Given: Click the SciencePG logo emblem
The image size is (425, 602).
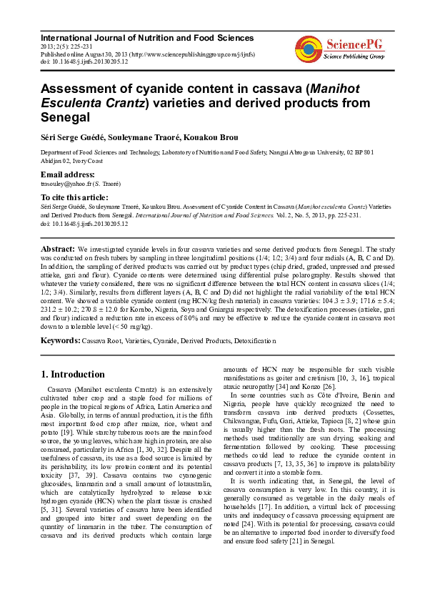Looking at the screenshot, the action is pyautogui.click(x=308, y=48).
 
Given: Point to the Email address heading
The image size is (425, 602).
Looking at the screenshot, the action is pyautogui.click(x=68, y=174).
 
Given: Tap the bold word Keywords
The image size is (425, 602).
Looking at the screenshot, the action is pyautogui.click(x=60, y=341).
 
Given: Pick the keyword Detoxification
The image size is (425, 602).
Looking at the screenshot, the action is pyautogui.click(x=249, y=342).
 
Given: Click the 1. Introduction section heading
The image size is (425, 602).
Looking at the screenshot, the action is pyautogui.click(x=73, y=374).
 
